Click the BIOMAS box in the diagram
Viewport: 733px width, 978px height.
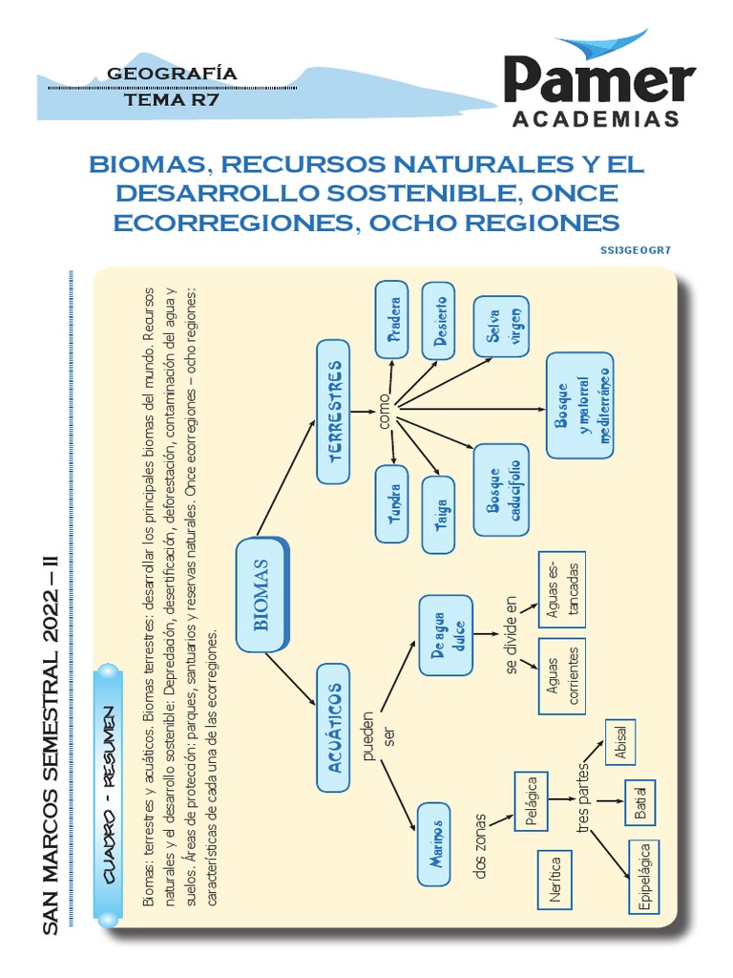coord(262,594)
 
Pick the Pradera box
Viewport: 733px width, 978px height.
coord(392,320)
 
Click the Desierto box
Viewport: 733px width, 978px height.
coord(439,320)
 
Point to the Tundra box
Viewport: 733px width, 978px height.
coord(392,502)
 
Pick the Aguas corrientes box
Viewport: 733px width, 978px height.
coord(561,676)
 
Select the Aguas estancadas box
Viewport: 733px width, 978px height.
coord(561,588)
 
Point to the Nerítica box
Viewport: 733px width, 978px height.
coord(555,880)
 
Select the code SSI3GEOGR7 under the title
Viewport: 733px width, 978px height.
coord(637,250)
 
